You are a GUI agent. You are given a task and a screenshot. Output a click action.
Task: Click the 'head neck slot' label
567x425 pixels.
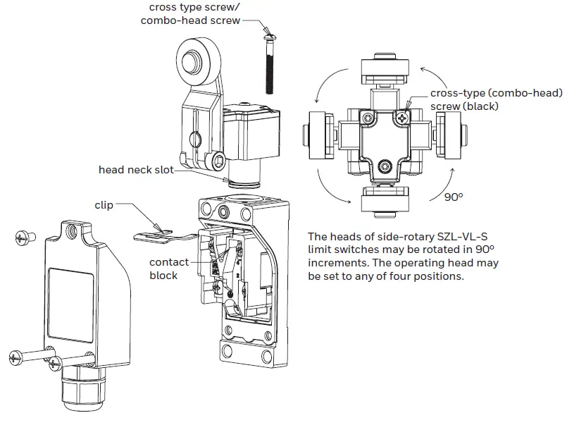click(x=135, y=169)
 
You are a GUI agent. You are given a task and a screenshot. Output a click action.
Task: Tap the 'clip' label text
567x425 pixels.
click(x=104, y=205)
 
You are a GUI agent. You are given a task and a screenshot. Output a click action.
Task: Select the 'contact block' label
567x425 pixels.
click(x=169, y=269)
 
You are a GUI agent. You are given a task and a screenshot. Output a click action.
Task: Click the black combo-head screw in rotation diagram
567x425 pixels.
click(x=401, y=118)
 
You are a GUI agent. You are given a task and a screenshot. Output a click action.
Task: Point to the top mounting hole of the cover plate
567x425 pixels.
click(x=71, y=229)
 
